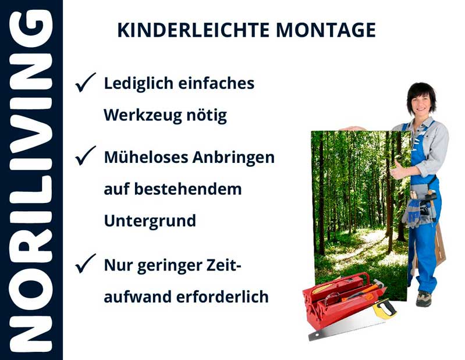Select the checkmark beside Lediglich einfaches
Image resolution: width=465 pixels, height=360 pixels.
click(86, 83)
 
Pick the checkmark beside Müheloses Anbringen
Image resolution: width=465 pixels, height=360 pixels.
click(86, 156)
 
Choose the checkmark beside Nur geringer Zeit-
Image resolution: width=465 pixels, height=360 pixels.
click(86, 265)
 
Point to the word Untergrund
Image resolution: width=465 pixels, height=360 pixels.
click(150, 221)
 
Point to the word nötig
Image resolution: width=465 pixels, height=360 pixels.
click(208, 115)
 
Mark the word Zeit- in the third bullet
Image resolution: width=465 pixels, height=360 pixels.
click(218, 265)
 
